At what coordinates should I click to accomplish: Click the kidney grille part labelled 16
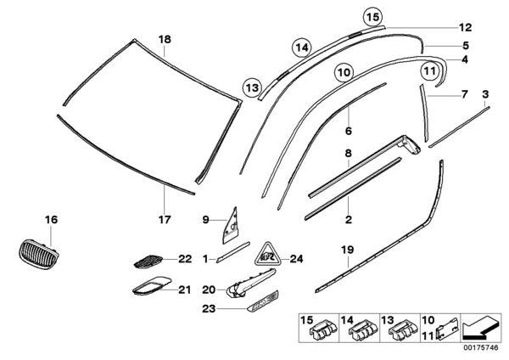point(38,255)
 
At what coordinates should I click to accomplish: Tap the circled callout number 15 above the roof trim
point(372,17)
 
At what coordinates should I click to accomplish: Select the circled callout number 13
point(252,87)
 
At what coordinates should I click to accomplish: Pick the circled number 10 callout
point(344,72)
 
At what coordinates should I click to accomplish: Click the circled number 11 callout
point(430,70)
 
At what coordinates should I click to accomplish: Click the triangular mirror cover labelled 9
point(232,226)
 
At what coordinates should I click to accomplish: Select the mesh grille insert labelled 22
point(148,262)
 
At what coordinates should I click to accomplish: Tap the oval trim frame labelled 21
point(151,286)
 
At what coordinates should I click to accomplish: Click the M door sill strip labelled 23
point(263,301)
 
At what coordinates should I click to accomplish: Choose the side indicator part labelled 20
point(250,283)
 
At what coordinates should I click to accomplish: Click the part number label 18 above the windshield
point(165,40)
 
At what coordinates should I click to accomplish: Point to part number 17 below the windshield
point(165,220)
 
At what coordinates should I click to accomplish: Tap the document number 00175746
point(480,347)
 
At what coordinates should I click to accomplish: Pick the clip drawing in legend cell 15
point(324,330)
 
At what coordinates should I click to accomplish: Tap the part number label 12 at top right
point(465,28)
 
